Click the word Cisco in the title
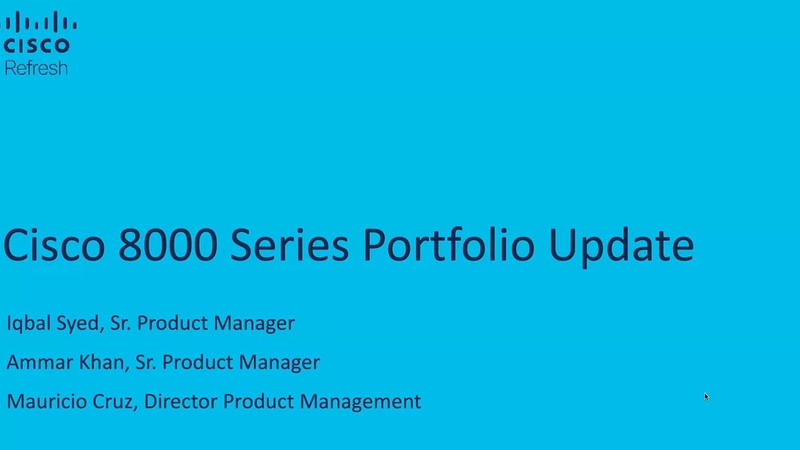pyautogui.click(x=54, y=245)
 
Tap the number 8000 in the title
pyautogui.click(x=168, y=245)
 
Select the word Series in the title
pyautogui.click(x=289, y=245)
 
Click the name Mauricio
pyautogui.click(x=47, y=401)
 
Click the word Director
pyautogui.click(x=181, y=401)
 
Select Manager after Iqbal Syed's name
pyautogui.click(x=254, y=324)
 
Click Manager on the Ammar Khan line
pyautogui.click(x=279, y=362)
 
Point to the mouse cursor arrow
pyautogui.click(x=706, y=397)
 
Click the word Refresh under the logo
pyautogui.click(x=36, y=68)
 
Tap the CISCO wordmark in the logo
pyautogui.click(x=36, y=46)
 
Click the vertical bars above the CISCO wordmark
pyautogui.click(x=39, y=23)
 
